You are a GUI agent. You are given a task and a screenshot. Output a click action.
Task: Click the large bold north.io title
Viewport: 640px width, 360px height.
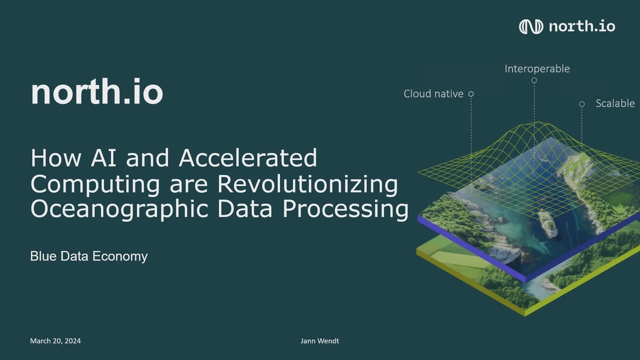click(x=97, y=92)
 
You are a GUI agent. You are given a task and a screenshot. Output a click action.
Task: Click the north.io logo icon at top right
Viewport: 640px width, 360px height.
click(x=531, y=26)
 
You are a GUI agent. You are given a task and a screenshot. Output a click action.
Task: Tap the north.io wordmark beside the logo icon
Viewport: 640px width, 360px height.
click(x=582, y=26)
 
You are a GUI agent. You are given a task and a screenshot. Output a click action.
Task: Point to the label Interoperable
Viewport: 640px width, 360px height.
click(x=537, y=69)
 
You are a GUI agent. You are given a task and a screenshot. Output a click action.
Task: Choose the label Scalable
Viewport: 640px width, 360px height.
click(x=615, y=103)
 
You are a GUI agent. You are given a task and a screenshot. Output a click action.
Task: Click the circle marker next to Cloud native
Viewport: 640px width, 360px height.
click(x=471, y=94)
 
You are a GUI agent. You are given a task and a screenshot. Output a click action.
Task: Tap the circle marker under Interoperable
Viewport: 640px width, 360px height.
click(x=534, y=81)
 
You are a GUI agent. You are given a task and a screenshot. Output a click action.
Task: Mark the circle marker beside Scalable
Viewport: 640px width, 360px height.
click(x=582, y=104)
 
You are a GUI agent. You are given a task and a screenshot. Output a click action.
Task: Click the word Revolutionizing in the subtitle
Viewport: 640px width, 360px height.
click(x=307, y=185)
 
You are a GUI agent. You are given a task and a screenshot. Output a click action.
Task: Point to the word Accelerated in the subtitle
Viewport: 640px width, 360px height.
click(x=247, y=158)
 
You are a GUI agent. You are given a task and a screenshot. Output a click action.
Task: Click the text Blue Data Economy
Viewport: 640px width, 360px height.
click(x=89, y=257)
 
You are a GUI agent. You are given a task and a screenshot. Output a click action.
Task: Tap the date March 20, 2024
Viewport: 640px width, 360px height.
click(x=55, y=341)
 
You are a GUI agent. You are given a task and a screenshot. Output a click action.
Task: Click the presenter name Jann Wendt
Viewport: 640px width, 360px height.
click(x=319, y=341)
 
